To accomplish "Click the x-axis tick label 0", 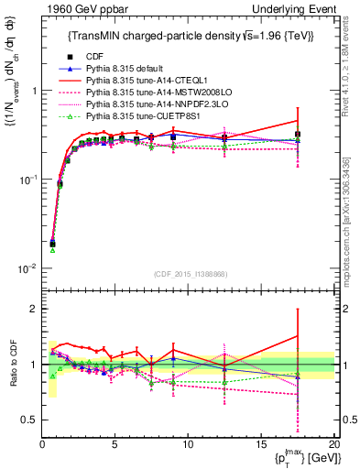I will point(42,444).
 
